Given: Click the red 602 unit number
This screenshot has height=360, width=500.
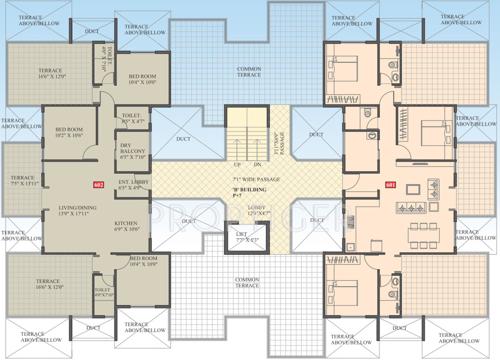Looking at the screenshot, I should coord(98,185).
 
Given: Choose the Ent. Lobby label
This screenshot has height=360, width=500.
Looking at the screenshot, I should coord(133,182).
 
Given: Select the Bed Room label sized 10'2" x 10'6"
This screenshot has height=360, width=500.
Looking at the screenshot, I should coord(68,130).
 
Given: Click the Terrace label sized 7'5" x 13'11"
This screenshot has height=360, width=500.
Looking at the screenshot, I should coord(22,183).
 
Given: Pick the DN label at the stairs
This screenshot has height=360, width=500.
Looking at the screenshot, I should coord(257,162).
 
